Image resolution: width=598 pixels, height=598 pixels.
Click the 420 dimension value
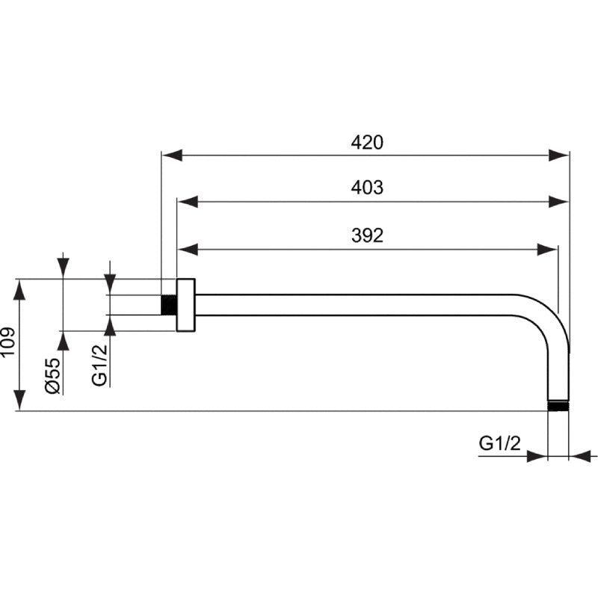coord(367,143)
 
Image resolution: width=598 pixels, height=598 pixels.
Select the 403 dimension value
coord(367,188)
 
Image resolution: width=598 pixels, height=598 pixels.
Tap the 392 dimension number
coord(367,235)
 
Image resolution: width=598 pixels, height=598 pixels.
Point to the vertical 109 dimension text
coord(8,343)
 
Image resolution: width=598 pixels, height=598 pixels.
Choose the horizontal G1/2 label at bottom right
coord(499,443)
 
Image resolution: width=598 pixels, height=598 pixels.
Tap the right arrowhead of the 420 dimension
coord(559,155)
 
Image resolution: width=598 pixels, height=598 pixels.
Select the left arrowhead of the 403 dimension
coord(187,200)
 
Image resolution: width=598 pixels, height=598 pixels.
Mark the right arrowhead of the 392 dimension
coord(548,248)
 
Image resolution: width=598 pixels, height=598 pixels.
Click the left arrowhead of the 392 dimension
coord(187,248)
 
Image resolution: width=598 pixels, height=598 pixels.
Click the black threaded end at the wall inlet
coord(169,304)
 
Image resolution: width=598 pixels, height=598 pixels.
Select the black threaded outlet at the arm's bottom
coord(558,406)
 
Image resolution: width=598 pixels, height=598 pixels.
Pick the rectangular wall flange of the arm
coord(185,304)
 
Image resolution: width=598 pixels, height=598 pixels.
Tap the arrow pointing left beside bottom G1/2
coord(585,455)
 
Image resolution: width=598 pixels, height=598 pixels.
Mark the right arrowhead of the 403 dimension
coord(559,200)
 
